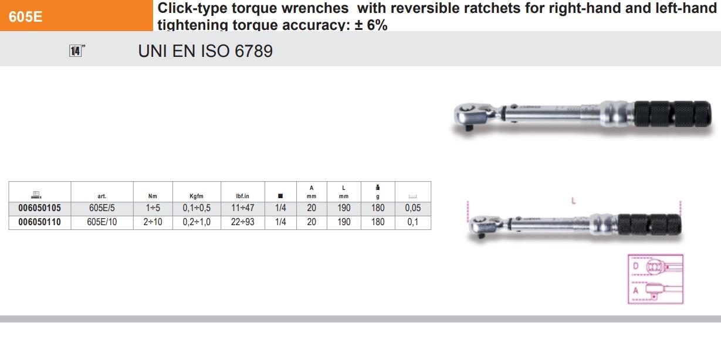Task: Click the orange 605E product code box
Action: tap(76, 15)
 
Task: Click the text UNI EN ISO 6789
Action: tap(205, 51)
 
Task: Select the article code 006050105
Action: tap(39, 208)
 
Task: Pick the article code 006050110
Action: tap(39, 222)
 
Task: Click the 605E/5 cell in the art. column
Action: tap(101, 208)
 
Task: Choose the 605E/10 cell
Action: tap(101, 222)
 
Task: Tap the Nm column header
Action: tap(153, 196)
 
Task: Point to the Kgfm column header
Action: tap(197, 196)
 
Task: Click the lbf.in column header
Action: tap(242, 196)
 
